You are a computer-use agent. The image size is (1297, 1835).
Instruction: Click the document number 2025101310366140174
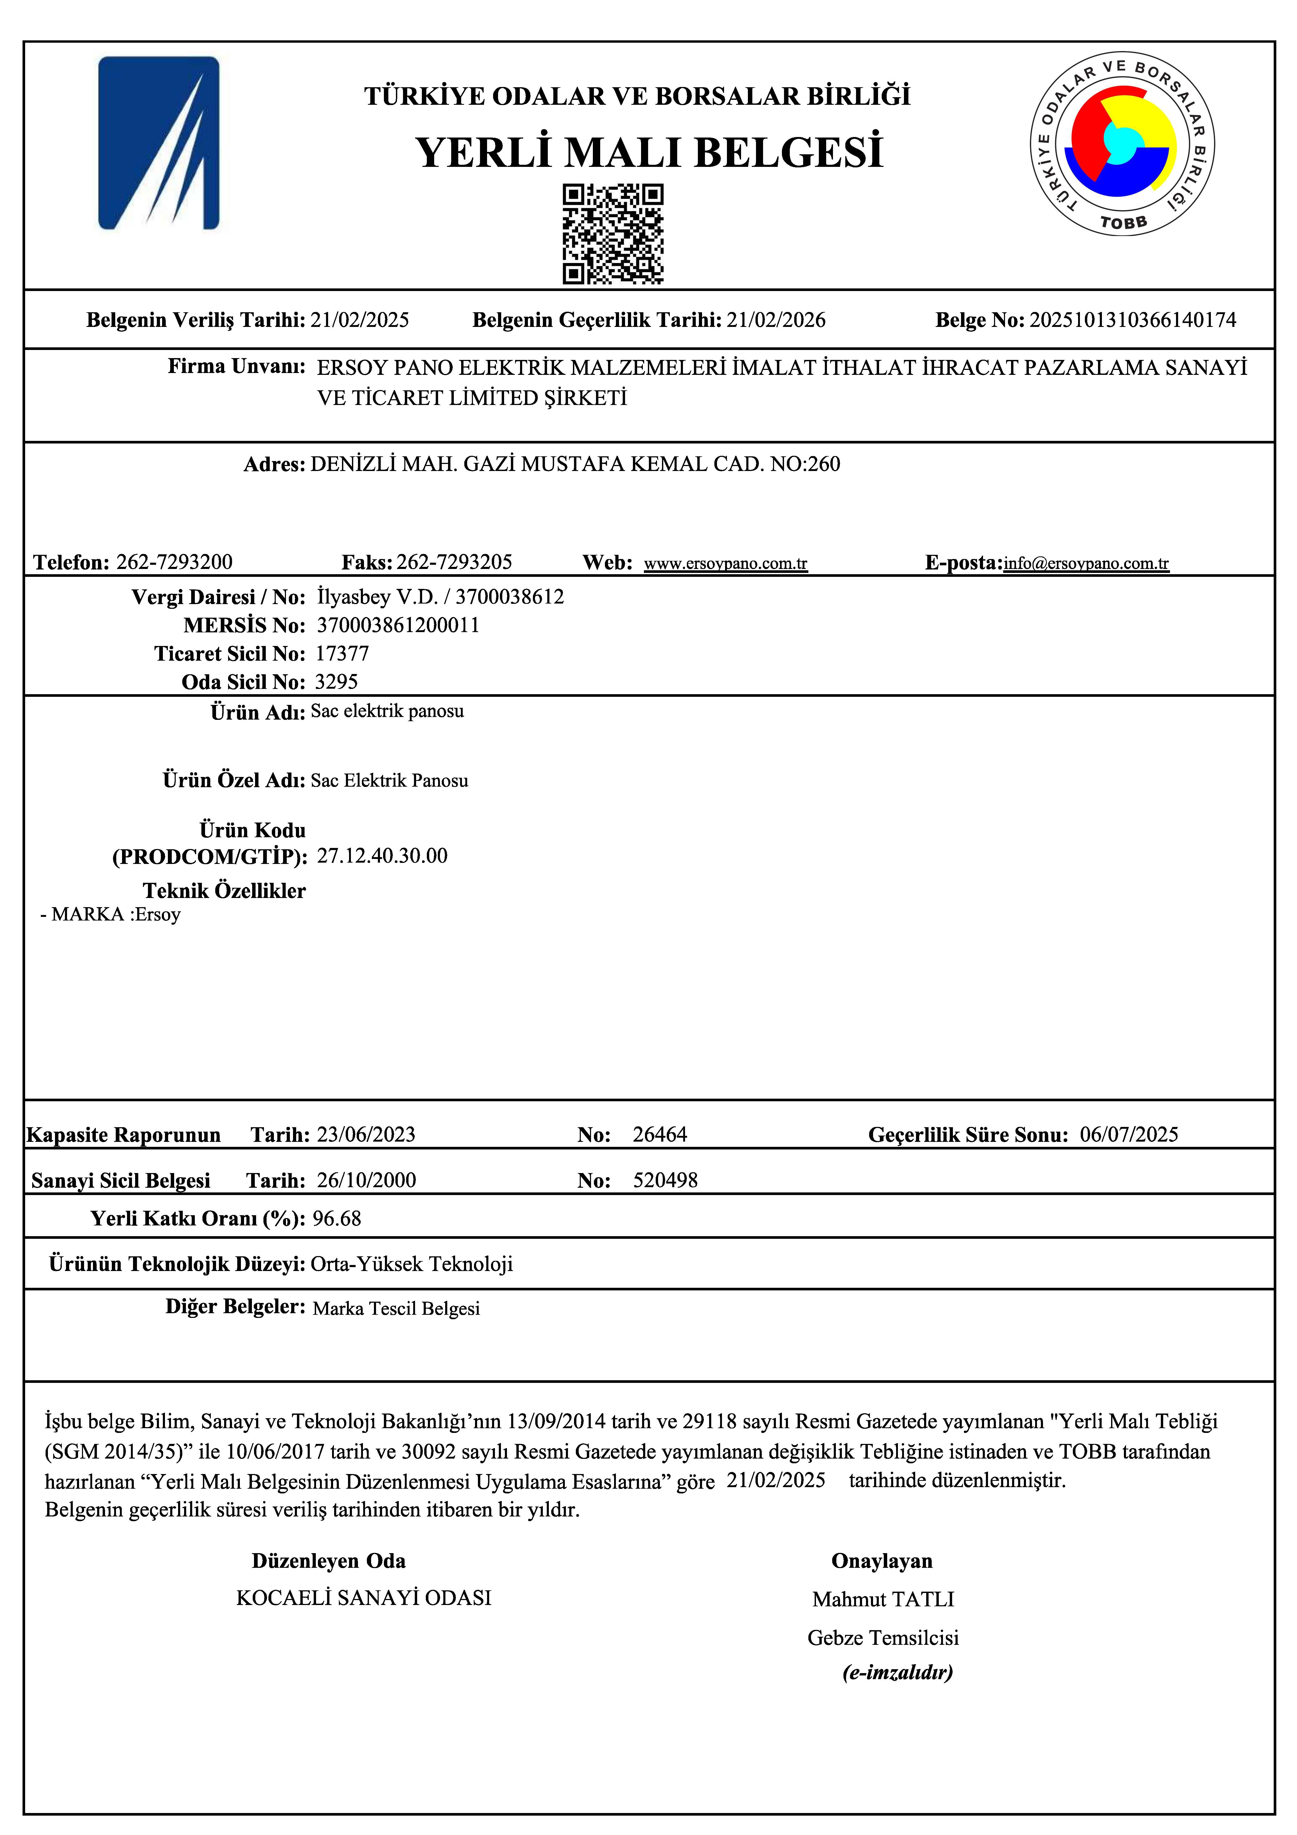click(x=1132, y=320)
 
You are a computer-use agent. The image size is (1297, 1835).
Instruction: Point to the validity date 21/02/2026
click(x=775, y=320)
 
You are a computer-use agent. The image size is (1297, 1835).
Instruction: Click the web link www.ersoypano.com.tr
click(x=726, y=563)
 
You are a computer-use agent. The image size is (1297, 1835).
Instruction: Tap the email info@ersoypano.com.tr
click(x=1086, y=563)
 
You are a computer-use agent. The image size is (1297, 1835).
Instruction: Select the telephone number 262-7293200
click(x=174, y=562)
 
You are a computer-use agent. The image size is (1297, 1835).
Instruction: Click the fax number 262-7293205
click(x=454, y=562)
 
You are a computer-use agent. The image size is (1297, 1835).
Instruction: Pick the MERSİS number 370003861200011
click(x=398, y=625)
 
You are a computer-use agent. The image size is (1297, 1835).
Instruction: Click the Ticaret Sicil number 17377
click(x=342, y=654)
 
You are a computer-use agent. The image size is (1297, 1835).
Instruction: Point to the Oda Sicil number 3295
click(x=336, y=682)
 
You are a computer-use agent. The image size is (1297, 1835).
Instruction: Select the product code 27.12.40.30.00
click(x=382, y=856)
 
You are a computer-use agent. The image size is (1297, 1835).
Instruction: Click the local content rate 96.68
click(x=336, y=1219)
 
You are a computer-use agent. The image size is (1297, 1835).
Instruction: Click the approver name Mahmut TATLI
click(x=883, y=1599)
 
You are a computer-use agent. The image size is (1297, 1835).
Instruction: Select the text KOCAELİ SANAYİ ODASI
click(x=364, y=1598)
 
